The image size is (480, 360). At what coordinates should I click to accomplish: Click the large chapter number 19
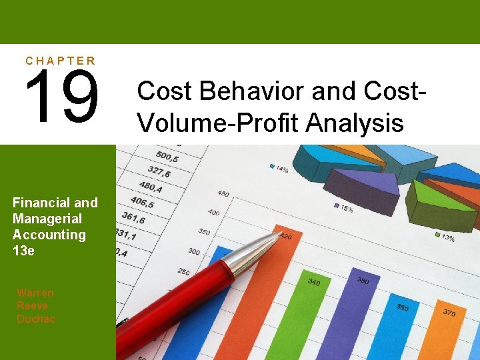(62, 97)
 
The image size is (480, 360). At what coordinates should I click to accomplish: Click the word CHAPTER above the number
(61, 61)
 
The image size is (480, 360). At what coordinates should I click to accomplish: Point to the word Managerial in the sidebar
(47, 219)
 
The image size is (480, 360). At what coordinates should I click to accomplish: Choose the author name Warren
(35, 293)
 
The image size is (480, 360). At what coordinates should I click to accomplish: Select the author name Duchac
(36, 319)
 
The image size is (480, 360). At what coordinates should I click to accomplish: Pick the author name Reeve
(32, 306)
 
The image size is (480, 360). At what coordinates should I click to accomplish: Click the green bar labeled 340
(313, 320)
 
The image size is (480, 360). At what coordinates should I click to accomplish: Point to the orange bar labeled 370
(451, 337)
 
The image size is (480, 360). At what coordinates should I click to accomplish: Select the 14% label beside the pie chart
(279, 168)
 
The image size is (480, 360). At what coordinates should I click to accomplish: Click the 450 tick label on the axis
(223, 194)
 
